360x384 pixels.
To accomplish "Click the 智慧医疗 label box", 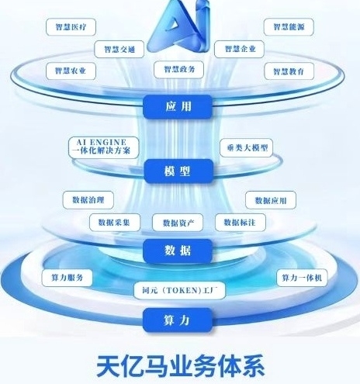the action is point(71,27).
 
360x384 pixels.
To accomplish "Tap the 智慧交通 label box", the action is point(119,49).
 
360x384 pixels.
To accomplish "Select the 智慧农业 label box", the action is point(71,71).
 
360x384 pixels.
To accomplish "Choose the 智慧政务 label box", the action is point(178,70).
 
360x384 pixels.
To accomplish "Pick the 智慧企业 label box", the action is point(239,49).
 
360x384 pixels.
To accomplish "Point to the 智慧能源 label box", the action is point(289,27).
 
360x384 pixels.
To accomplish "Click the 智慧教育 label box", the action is point(289,71).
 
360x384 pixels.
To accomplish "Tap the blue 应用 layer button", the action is point(178,107).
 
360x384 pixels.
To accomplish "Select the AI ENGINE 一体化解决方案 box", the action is point(104,147).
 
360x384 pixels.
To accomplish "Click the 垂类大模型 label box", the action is point(246,148).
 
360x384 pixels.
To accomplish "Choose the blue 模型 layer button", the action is point(178,171).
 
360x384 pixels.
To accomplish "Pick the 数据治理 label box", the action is point(88,200).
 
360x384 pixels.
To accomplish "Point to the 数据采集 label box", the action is point(115,223).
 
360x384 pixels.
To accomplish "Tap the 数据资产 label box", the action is point(178,223).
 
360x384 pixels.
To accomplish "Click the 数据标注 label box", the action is point(241,223).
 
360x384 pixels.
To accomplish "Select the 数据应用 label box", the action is point(271,200).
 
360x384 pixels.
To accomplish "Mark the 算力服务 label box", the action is point(67,278).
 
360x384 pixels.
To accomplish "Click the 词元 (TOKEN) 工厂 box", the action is point(179,290).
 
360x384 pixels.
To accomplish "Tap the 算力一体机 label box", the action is point(302,278).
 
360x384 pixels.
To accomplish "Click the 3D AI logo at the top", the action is point(178,26).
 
